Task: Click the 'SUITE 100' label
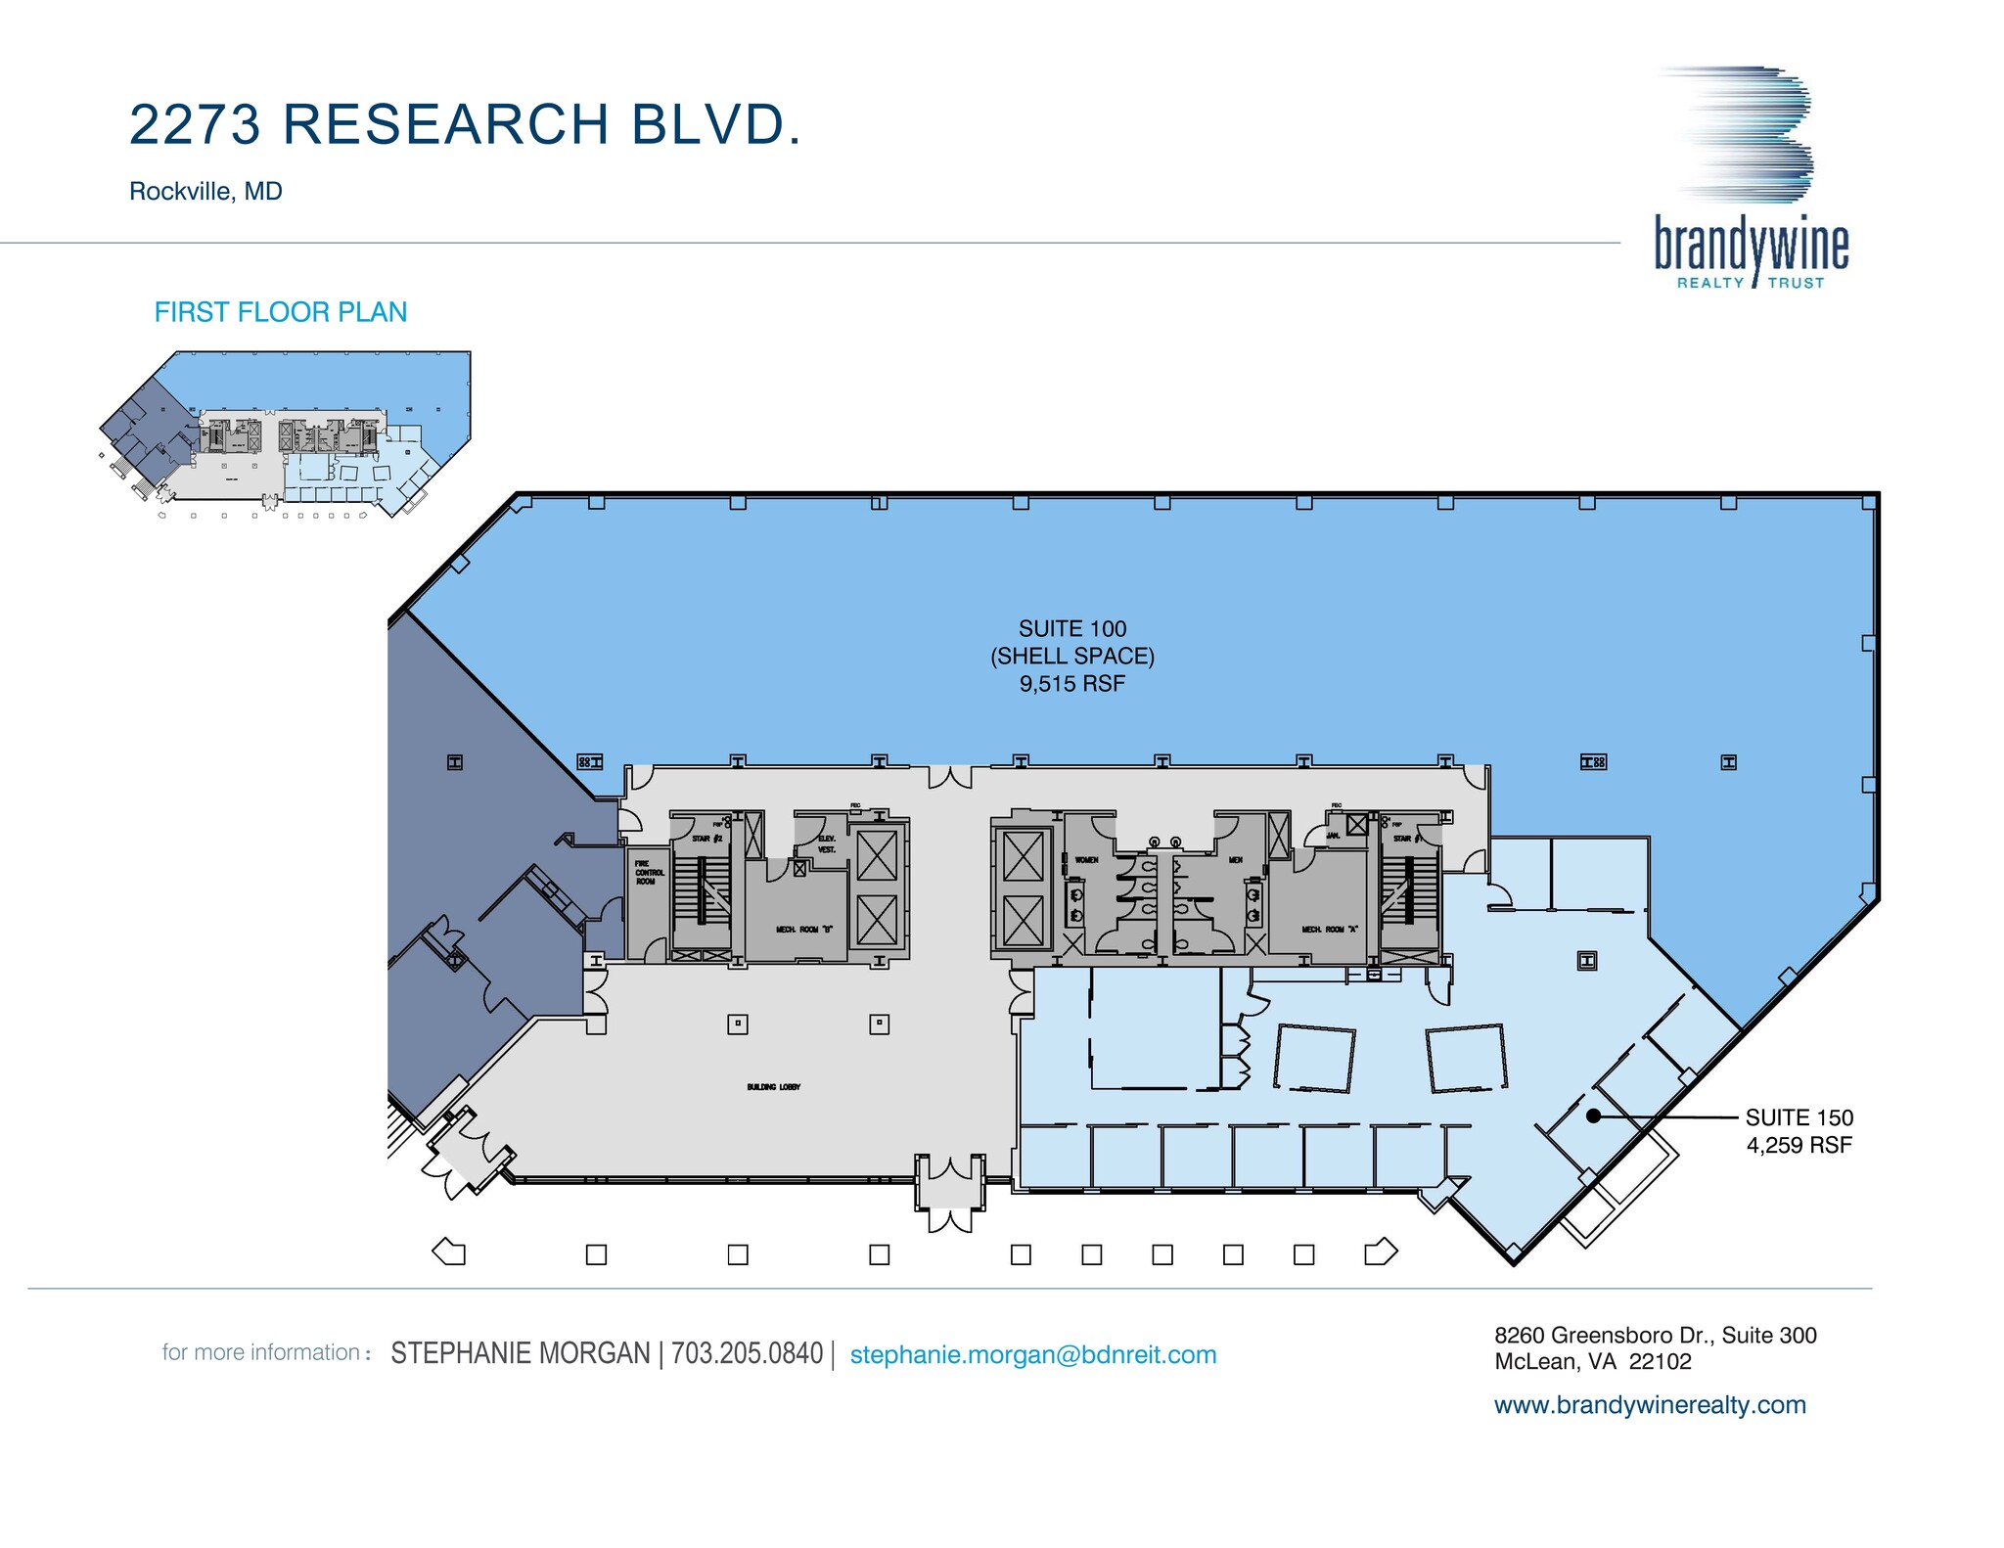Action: [x=1072, y=629]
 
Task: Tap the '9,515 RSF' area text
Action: [x=1072, y=684]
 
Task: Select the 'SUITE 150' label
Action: [x=1799, y=1117]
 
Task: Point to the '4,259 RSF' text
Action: [x=1799, y=1145]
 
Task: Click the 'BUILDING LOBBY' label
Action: [x=774, y=1087]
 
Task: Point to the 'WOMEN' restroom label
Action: [x=1087, y=860]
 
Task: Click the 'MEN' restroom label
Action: [x=1236, y=860]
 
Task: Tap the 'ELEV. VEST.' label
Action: [x=827, y=844]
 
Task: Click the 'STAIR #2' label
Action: [x=706, y=839]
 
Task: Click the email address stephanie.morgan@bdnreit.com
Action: [x=1033, y=1354]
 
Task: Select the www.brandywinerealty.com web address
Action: [x=1650, y=1405]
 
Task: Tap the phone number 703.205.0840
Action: [x=748, y=1353]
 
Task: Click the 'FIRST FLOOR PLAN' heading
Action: [x=281, y=312]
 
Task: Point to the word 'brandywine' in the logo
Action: [x=1751, y=246]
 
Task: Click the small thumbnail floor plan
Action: [x=285, y=433]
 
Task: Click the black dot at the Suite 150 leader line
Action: [x=1593, y=1115]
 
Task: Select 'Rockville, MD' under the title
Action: [x=205, y=191]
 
